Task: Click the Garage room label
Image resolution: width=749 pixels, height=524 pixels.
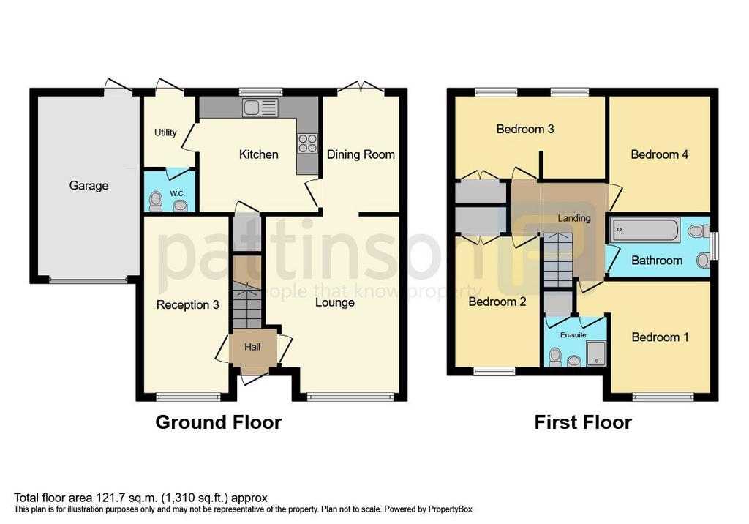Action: (x=89, y=185)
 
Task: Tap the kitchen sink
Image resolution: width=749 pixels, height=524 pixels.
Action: (x=260, y=108)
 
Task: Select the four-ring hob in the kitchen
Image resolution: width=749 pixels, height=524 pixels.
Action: (x=307, y=143)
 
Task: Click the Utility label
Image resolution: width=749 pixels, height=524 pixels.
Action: (x=165, y=132)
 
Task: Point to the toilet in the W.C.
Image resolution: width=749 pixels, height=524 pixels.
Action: (x=156, y=201)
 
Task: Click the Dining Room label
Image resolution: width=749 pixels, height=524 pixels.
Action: (x=361, y=154)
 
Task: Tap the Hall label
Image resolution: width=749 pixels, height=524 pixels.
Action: (x=252, y=347)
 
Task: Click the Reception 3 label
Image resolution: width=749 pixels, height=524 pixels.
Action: (x=188, y=304)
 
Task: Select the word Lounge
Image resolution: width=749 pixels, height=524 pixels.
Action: (x=335, y=302)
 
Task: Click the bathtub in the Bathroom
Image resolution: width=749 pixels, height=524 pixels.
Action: (x=645, y=231)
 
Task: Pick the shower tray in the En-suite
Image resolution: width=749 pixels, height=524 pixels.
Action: (x=596, y=353)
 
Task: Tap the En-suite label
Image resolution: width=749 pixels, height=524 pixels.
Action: (x=573, y=335)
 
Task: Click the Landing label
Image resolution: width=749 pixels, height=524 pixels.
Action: (x=574, y=218)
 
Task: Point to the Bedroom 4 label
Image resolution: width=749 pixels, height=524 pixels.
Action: (x=660, y=154)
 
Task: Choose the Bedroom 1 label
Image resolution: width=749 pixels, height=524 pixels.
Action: (x=660, y=337)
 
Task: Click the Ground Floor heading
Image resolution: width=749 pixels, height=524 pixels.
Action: (x=219, y=422)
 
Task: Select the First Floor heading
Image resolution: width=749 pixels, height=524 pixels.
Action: (x=583, y=422)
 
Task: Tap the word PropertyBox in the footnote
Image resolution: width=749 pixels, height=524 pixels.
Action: (x=450, y=509)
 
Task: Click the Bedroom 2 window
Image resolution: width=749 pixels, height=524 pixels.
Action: (x=494, y=370)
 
